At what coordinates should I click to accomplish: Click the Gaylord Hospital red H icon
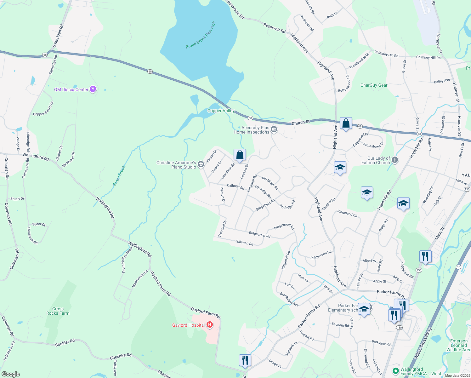point(210,325)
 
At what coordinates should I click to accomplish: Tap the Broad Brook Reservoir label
point(201,35)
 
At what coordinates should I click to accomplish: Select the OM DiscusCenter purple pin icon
point(93,89)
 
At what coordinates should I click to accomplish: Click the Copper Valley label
point(221,111)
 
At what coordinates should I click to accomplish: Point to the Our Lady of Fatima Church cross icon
point(395,160)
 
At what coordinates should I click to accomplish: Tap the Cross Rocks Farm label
point(58,311)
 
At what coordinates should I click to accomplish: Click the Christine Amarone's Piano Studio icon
point(201,164)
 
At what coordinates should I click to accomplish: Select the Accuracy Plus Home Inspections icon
point(274,129)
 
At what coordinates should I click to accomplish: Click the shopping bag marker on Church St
point(346,123)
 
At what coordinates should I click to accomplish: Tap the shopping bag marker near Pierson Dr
point(240,155)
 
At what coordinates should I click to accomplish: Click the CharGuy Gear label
point(374,85)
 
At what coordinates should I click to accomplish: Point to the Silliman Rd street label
point(245,243)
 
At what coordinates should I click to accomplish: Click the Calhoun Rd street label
point(235,186)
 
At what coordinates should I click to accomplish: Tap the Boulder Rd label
point(65,342)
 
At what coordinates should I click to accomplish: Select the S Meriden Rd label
point(58,36)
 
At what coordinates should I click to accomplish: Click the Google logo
point(10,374)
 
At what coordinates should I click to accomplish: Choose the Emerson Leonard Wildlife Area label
point(458,345)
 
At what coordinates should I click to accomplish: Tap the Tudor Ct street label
point(39,224)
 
